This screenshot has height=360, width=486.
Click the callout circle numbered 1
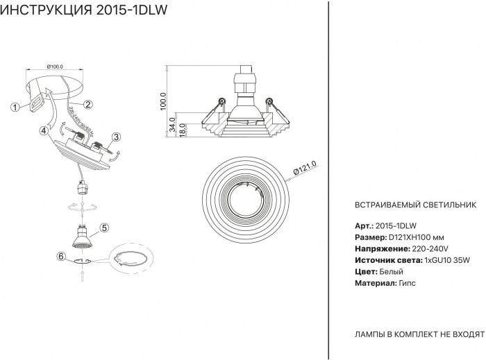click(x=15, y=107)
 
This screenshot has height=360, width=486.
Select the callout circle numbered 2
click(x=88, y=105)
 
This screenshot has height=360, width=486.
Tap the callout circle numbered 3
click(x=117, y=137)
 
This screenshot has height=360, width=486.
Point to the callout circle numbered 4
click(x=44, y=130)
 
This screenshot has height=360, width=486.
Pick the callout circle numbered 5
click(x=104, y=227)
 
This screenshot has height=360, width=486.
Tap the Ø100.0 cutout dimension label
click(x=55, y=67)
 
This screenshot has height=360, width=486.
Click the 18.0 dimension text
click(x=182, y=130)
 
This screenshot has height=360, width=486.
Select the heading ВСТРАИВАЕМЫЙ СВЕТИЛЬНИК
click(x=415, y=205)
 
